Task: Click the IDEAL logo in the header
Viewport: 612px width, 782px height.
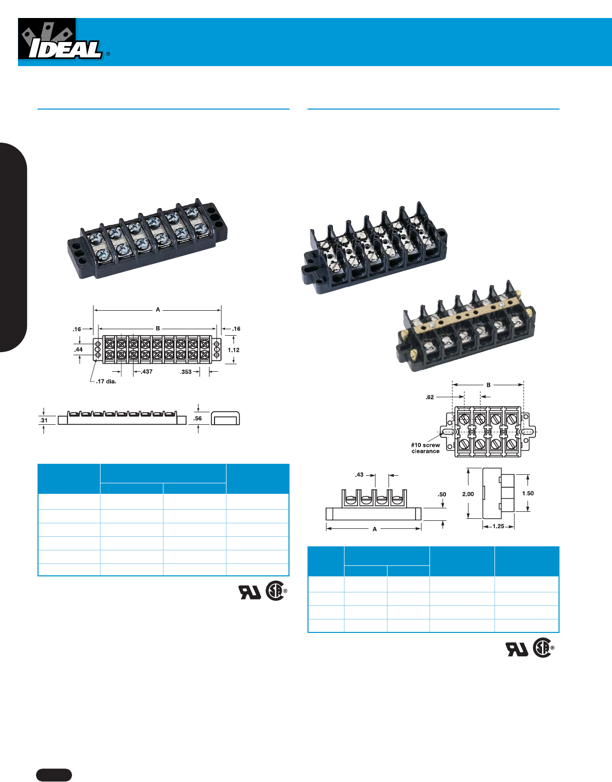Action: click(x=62, y=41)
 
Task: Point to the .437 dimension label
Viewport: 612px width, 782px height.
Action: click(x=146, y=372)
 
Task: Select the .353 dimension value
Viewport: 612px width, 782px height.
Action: click(x=186, y=372)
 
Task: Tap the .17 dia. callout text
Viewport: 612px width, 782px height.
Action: click(x=106, y=382)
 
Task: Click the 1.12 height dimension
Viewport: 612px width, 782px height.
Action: click(x=233, y=350)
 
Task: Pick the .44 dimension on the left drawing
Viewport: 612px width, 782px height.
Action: click(x=78, y=349)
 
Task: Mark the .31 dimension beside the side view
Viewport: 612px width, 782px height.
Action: click(x=44, y=420)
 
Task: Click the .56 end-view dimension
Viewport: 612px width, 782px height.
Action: click(x=198, y=418)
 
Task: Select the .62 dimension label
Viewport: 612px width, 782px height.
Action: click(x=430, y=397)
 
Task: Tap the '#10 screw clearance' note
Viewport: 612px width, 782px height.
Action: click(x=425, y=448)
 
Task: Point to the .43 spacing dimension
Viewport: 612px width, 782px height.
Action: click(x=359, y=474)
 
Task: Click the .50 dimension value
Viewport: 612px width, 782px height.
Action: click(x=442, y=494)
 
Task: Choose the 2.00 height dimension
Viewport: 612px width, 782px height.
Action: click(x=468, y=494)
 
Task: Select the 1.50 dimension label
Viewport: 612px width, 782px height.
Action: click(x=527, y=493)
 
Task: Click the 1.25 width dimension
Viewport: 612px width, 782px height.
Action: click(x=498, y=526)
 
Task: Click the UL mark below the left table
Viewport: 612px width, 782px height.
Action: click(x=249, y=591)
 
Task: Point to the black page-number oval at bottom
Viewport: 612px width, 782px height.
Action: click(x=54, y=774)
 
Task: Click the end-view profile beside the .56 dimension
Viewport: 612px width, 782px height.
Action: click(x=225, y=418)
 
